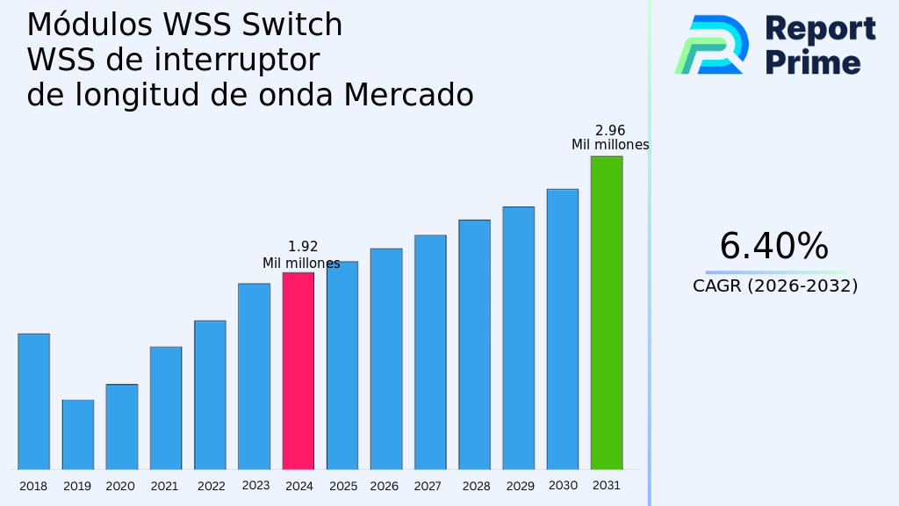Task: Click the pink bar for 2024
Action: pos(298,371)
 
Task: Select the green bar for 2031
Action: pos(607,313)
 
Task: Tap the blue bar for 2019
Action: pos(78,435)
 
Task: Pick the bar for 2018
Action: pos(33,401)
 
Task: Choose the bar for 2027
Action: pos(430,352)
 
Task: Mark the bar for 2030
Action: pos(563,329)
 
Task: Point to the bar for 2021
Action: pos(166,408)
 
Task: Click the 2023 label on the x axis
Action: pos(255,485)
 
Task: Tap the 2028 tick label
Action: pos(476,486)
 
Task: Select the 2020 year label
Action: pos(120,486)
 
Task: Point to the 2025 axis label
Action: pos(343,486)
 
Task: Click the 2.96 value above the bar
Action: pos(610,130)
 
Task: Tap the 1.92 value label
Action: pos(303,247)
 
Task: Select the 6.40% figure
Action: pos(773,247)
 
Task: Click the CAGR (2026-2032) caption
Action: pos(775,286)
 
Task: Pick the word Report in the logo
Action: pos(820,29)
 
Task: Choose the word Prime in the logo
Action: pos(813,62)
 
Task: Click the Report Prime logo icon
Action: pos(712,44)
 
